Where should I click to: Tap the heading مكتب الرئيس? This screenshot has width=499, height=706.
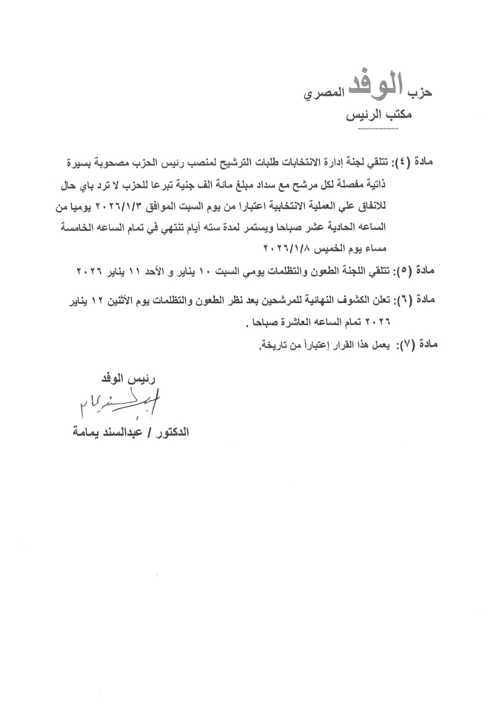click(x=378, y=116)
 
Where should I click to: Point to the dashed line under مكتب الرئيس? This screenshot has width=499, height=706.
click(x=378, y=129)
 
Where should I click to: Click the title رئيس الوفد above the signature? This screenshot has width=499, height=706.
click(x=126, y=379)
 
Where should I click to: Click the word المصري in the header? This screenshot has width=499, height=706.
click(x=324, y=95)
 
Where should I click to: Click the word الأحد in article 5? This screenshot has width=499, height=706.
click(x=148, y=270)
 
